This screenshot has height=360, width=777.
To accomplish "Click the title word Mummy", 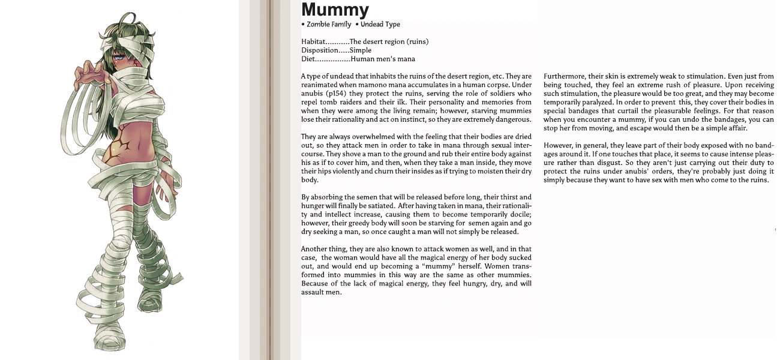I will point(335,10).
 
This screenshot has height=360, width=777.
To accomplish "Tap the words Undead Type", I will point(380,25).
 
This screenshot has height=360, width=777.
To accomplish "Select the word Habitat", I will point(313,42).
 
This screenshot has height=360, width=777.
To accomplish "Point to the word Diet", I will point(308,59).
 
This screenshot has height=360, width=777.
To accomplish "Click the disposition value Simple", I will point(361,50).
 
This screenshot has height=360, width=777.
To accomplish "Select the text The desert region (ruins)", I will point(389,42).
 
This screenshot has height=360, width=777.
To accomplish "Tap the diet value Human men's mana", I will point(382,59).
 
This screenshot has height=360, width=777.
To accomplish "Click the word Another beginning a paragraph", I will point(314,249).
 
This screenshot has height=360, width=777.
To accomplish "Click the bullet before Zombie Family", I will point(303,25).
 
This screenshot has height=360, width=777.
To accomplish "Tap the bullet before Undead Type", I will point(357,25).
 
